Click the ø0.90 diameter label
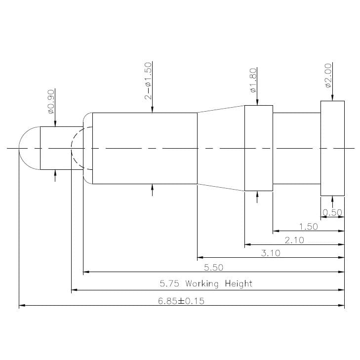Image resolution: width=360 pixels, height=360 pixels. click(x=51, y=102)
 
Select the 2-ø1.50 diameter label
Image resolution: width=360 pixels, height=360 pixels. click(x=148, y=81)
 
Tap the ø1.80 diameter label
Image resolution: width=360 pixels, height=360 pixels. click(x=253, y=80)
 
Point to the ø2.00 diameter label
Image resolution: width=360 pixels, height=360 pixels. click(x=328, y=76)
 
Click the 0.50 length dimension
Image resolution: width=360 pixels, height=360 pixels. click(x=332, y=212)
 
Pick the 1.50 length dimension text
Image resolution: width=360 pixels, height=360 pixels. click(x=309, y=227)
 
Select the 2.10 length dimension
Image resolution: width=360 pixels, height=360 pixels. click(x=294, y=240)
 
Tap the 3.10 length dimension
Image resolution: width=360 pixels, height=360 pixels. click(x=271, y=253)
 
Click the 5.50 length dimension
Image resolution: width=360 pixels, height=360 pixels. click(x=213, y=268)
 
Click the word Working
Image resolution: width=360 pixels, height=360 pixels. click(x=202, y=284)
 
